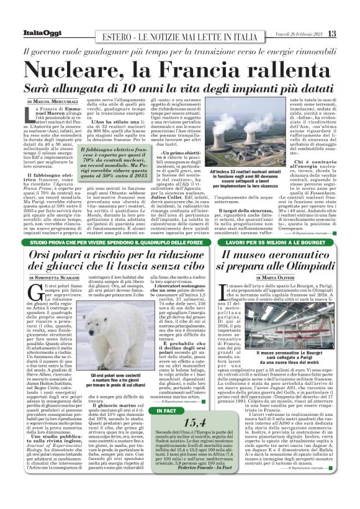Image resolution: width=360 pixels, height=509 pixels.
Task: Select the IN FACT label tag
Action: click(x=166, y=410)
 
